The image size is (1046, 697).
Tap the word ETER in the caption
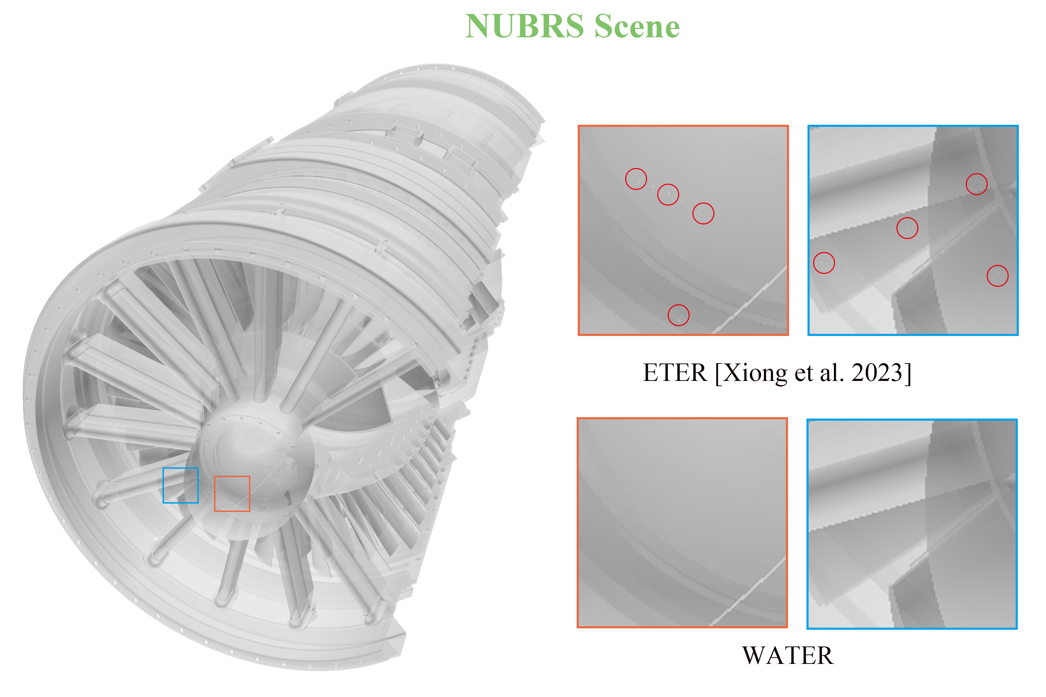(x=675, y=373)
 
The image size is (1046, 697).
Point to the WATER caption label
(x=788, y=655)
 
